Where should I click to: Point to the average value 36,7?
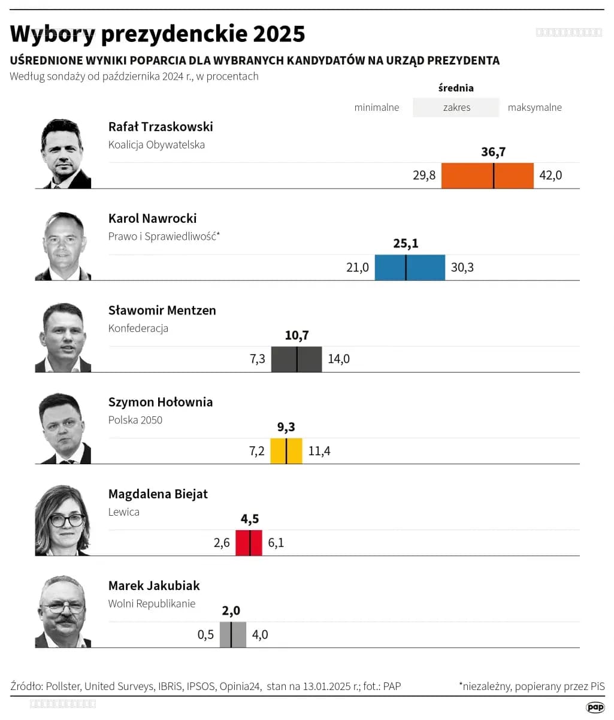493,152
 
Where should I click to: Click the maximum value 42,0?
551,176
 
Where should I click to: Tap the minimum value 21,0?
358,267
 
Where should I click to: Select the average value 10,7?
297,335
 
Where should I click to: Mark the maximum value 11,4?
319,451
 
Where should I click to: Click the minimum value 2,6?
222,543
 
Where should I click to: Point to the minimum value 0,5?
205,634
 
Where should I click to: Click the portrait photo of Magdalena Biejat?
63,520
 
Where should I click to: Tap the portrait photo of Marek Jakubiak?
63,612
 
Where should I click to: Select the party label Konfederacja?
138,328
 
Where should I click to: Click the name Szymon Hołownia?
160,402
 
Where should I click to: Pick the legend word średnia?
456,88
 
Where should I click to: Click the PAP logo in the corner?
595,707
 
